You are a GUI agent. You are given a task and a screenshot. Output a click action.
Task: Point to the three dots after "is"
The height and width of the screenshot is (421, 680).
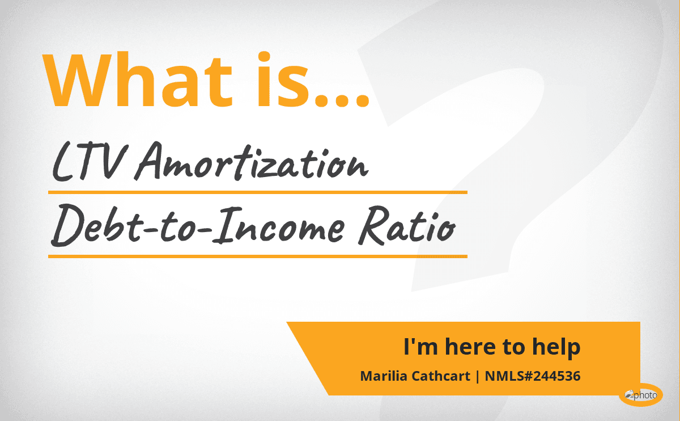(x=342, y=100)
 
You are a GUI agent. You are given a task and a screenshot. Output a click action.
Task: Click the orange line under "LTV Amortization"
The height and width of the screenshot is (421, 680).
(x=258, y=192)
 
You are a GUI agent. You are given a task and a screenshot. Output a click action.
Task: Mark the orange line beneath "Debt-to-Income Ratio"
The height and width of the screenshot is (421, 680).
(x=258, y=256)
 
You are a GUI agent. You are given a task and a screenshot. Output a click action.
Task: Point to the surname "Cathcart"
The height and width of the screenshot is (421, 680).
(x=441, y=376)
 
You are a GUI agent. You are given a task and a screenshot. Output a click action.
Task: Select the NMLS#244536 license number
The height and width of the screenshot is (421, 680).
(x=533, y=376)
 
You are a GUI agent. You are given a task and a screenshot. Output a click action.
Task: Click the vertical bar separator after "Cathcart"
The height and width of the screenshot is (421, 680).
(x=478, y=377)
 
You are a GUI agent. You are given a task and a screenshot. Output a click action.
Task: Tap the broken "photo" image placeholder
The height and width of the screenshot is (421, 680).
(x=641, y=395)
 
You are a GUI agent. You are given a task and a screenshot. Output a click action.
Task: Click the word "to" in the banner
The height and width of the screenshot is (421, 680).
(x=513, y=347)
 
